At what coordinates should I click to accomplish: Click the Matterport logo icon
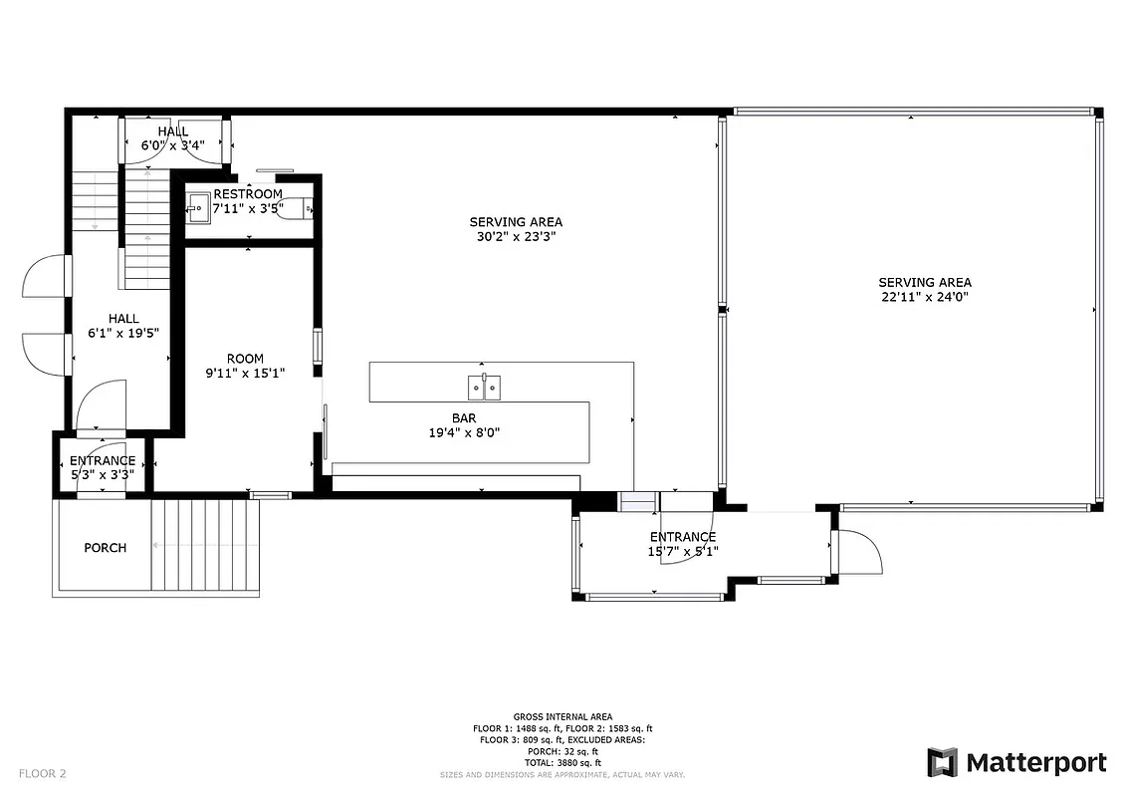(942, 762)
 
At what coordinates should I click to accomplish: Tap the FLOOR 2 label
(42, 772)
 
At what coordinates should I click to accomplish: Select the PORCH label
(105, 547)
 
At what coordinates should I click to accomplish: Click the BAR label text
(464, 418)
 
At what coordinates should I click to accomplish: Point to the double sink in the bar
(485, 387)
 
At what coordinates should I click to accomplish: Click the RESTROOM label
(248, 193)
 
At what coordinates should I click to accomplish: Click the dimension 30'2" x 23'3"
(516, 237)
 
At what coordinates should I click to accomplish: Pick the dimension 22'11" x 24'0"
(925, 297)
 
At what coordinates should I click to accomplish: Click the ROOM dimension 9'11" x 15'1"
(245, 374)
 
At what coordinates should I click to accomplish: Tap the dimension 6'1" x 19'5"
(123, 334)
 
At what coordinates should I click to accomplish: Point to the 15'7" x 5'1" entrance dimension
(683, 551)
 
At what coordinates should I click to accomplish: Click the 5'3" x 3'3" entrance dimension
(102, 475)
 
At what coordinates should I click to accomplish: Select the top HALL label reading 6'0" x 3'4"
(172, 145)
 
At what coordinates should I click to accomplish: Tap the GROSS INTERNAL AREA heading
(563, 716)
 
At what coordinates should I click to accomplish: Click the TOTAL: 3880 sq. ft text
(563, 762)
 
